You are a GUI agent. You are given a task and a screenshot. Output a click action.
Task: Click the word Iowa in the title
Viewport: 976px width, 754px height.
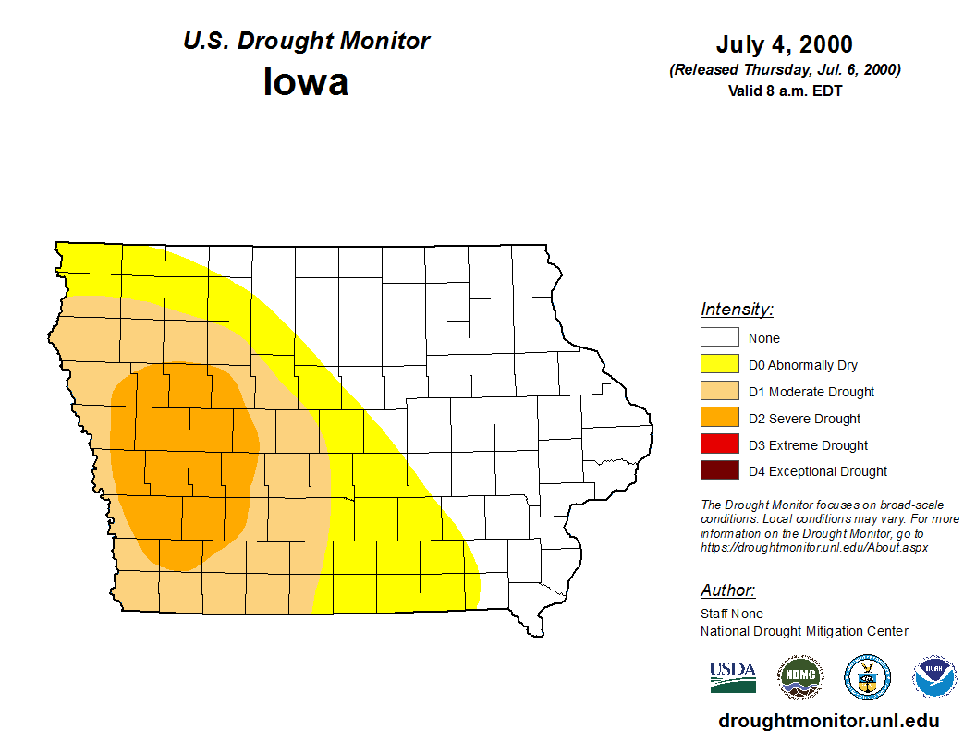point(306,82)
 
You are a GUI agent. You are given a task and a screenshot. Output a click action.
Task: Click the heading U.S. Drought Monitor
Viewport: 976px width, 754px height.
point(306,42)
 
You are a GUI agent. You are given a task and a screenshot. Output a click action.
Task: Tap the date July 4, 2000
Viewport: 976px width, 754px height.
point(784,44)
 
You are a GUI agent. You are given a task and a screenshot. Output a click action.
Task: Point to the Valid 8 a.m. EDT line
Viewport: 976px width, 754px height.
point(784,91)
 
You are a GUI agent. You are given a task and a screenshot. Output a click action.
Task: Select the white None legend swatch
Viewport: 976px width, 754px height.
point(719,338)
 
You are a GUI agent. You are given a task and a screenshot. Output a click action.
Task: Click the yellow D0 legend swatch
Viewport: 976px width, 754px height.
point(719,365)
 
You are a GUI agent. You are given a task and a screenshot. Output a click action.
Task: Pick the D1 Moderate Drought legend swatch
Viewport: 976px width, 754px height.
point(719,392)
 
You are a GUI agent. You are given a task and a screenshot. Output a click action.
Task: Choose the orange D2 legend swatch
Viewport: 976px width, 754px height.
point(719,419)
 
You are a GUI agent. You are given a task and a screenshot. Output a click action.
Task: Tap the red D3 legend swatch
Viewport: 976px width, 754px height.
point(719,445)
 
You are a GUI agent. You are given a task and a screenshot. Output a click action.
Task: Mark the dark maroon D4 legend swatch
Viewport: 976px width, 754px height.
point(719,471)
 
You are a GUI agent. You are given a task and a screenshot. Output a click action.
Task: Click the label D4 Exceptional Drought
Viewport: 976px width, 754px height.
point(818,471)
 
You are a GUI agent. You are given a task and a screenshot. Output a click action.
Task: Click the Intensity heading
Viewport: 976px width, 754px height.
point(737,310)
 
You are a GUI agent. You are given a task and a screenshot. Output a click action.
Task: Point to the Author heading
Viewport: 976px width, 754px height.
point(727,590)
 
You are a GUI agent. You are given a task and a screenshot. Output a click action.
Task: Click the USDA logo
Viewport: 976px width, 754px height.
point(733,677)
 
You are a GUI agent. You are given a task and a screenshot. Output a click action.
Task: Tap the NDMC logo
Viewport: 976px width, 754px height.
point(799,677)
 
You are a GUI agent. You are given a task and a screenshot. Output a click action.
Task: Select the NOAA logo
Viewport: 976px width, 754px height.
point(934,677)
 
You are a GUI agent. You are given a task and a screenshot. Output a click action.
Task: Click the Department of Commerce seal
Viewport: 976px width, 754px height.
point(867,677)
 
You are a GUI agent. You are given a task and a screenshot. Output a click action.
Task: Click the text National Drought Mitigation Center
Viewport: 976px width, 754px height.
point(804,631)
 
